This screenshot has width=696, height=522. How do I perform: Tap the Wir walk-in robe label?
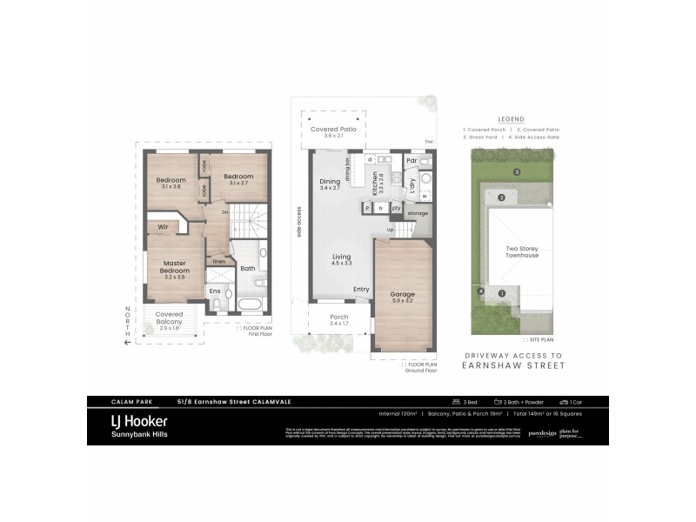[163, 227]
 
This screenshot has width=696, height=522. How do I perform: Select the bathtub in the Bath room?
[248, 305]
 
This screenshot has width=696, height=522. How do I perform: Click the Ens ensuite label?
[215, 291]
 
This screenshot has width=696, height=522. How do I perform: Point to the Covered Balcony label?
[169, 318]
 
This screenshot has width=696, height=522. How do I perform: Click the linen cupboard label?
[219, 261]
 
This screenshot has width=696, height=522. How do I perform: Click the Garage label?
[402, 294]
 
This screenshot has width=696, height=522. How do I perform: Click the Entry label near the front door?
[361, 289]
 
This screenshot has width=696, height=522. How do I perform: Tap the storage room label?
[417, 212]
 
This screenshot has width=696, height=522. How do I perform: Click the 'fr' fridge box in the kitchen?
[381, 209]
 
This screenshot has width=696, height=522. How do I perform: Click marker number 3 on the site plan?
[516, 172]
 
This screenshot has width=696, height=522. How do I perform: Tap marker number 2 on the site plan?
[501, 198]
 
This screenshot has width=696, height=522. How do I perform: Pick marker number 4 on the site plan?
[480, 291]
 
